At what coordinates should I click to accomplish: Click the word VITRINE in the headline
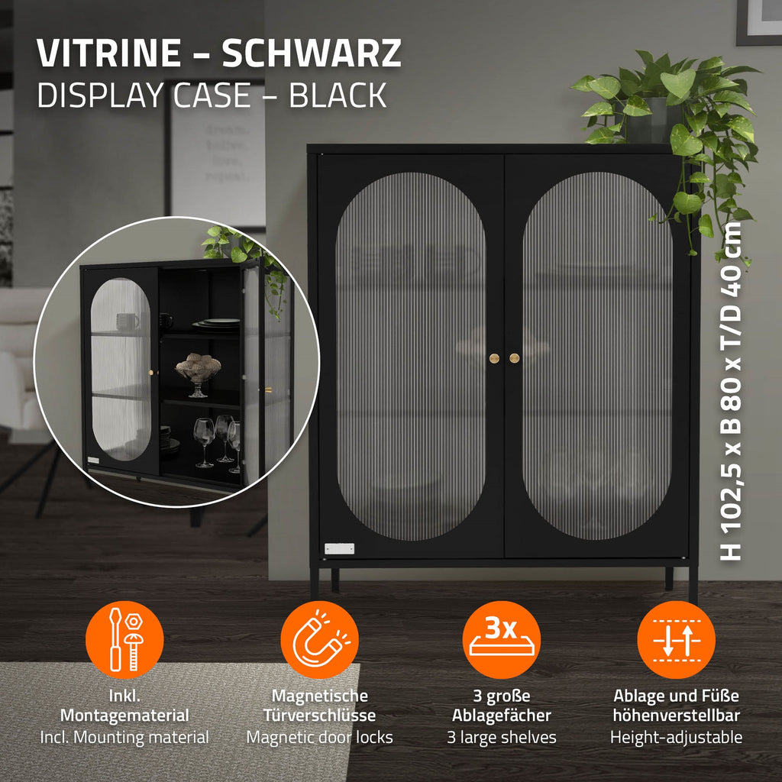click(x=108, y=53)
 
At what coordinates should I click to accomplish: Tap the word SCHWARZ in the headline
click(x=312, y=53)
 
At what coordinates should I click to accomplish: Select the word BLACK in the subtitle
click(x=338, y=95)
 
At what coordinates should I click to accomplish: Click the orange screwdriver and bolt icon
click(x=124, y=639)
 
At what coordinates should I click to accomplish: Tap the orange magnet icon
click(x=320, y=639)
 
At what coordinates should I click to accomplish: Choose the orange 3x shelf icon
click(x=501, y=639)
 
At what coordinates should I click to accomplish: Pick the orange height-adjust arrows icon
click(x=677, y=639)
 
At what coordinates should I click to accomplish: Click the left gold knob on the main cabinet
click(x=494, y=358)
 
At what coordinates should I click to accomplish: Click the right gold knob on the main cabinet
click(x=514, y=358)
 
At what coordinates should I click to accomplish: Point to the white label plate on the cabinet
click(x=339, y=548)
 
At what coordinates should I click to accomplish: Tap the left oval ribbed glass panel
click(x=410, y=356)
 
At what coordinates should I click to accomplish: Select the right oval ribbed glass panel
click(x=597, y=356)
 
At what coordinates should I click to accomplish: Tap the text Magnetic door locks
click(x=320, y=737)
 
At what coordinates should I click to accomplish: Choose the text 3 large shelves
click(x=501, y=737)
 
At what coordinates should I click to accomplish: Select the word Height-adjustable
click(x=677, y=737)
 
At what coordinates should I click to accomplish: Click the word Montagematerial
click(x=124, y=715)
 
